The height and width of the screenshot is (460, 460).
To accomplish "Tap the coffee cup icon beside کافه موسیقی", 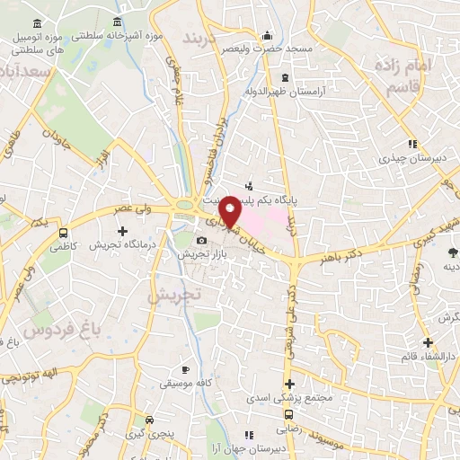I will (x=185, y=369).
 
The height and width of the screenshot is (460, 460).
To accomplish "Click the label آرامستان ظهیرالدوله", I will (x=287, y=92).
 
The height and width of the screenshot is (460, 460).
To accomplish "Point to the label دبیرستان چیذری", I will (x=412, y=158).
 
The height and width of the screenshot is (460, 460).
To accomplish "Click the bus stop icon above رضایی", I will (x=287, y=415).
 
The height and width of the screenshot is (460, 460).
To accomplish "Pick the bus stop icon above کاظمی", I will (x=62, y=229).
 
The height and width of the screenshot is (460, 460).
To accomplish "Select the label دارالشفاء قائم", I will (x=427, y=357).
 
